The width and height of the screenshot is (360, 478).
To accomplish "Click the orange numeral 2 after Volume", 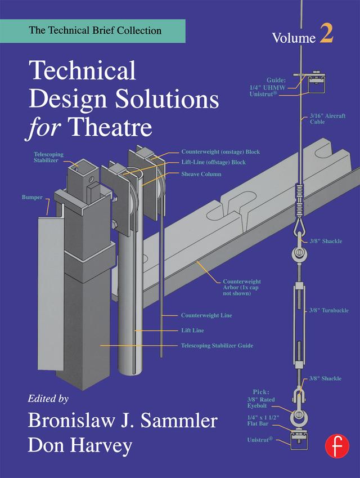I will tap(327, 35).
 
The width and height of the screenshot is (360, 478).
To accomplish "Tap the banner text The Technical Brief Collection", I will tap(95, 30).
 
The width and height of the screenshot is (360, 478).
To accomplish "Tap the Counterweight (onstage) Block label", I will tap(220, 152).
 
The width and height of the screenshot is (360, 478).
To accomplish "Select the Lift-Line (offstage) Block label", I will tap(213, 163).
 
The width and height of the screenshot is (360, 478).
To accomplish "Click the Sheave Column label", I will tap(201, 174).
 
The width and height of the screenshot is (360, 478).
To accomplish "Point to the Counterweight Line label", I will tap(206, 315).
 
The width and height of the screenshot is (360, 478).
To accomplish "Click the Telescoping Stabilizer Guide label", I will tap(217, 345).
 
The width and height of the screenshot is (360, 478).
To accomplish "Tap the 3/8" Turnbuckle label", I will tap(329, 310).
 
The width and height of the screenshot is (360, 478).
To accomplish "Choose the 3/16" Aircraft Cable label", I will tap(327, 118).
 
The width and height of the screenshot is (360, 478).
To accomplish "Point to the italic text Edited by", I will tap(48, 398).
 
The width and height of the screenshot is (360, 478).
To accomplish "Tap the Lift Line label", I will tap(192, 330).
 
